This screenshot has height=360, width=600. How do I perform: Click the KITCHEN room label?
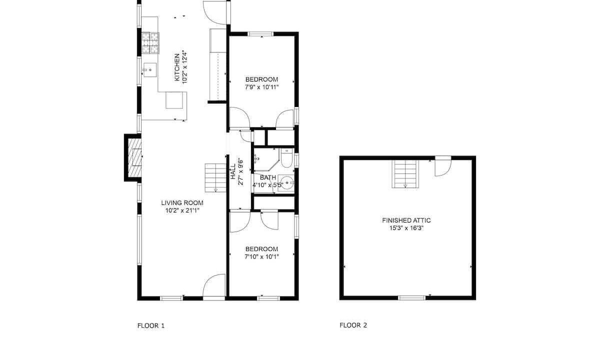click(x=177, y=67)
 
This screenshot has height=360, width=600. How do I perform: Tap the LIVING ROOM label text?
click(x=182, y=203)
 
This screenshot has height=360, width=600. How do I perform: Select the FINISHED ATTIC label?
click(x=406, y=220)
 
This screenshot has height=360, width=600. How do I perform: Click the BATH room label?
click(x=268, y=177)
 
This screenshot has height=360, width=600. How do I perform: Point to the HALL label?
click(x=233, y=171)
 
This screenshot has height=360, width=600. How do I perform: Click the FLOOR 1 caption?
click(x=151, y=325)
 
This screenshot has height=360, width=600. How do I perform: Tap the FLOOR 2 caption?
click(x=353, y=325)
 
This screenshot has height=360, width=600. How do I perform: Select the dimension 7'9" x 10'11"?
click(x=261, y=87)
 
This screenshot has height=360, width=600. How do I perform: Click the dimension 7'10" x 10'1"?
click(x=261, y=256)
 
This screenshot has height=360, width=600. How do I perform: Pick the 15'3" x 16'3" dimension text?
click(x=406, y=228)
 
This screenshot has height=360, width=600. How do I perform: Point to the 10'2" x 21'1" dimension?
click(x=182, y=210)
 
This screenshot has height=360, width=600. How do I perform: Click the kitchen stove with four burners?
click(x=150, y=43)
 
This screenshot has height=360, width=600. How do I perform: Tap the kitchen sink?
click(x=150, y=70)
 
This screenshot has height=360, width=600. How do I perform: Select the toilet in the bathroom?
click(x=286, y=158)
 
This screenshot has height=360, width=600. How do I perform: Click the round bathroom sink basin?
click(x=286, y=182)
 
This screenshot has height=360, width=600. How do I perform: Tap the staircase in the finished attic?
click(x=405, y=174)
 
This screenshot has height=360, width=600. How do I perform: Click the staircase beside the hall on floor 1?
click(x=215, y=178)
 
